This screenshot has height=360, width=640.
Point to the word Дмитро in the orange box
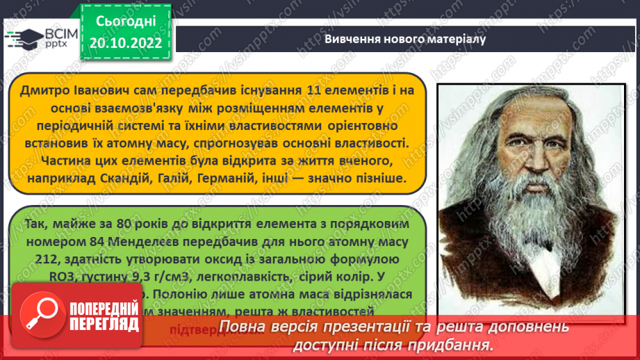45,90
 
